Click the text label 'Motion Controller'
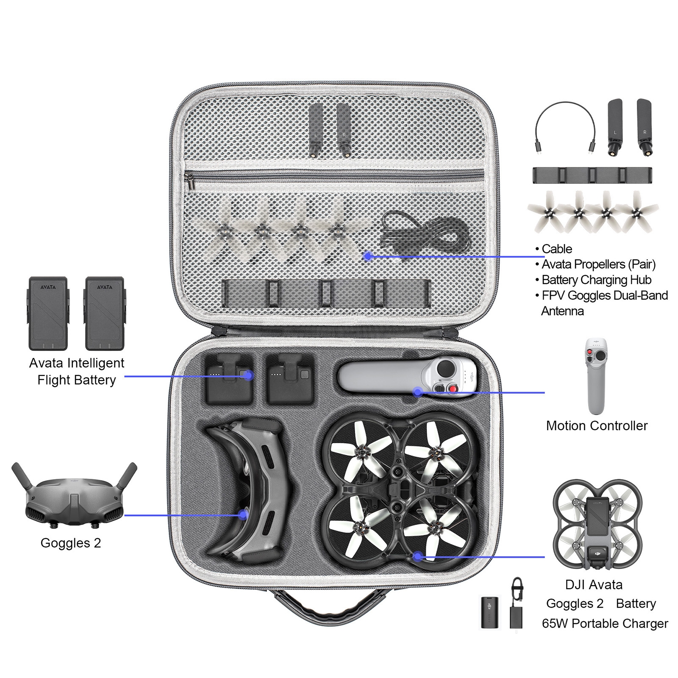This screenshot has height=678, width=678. (x=597, y=425)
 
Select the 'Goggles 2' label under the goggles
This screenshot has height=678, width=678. (x=71, y=543)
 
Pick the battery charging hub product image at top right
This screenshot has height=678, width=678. (x=592, y=175)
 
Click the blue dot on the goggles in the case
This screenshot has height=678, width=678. (x=243, y=515)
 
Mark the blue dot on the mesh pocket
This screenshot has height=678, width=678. (x=368, y=256)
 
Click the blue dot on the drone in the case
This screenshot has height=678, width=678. (x=418, y=556)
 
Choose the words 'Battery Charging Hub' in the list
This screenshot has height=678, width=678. (x=596, y=280)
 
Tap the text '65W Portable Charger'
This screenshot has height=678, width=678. (x=605, y=623)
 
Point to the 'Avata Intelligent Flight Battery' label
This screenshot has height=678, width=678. (x=77, y=371)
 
